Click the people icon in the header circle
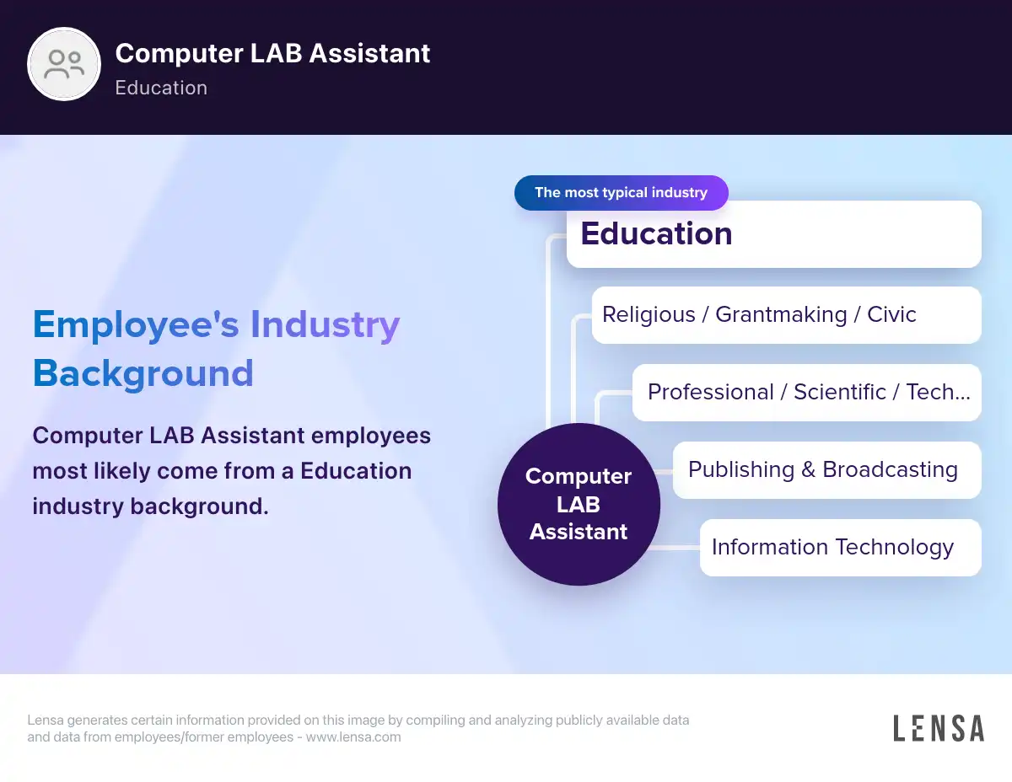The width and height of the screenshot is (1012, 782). click(64, 64)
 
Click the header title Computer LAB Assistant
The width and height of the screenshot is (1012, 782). click(272, 53)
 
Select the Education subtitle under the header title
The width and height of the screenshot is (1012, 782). click(161, 88)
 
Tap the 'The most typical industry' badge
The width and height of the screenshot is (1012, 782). click(622, 193)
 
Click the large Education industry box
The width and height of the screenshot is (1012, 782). click(773, 234)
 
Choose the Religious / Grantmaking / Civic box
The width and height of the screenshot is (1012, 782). click(786, 315)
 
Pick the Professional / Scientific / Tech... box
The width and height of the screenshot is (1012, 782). click(806, 393)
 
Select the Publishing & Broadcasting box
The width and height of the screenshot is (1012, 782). click(826, 470)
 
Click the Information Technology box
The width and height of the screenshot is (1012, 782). click(840, 548)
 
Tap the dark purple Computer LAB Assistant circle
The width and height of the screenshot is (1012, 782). click(579, 504)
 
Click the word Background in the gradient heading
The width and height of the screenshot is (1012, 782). click(143, 374)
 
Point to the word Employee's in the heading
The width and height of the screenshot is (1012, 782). click(136, 325)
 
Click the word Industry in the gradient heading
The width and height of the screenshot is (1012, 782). click(325, 325)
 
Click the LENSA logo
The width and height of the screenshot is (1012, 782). click(939, 728)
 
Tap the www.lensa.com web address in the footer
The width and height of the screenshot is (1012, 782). click(353, 737)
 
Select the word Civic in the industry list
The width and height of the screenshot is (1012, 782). click(891, 314)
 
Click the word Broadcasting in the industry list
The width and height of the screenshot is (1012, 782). click(890, 470)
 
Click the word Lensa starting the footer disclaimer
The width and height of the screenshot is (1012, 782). click(46, 720)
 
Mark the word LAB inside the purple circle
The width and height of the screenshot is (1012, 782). click(579, 504)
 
